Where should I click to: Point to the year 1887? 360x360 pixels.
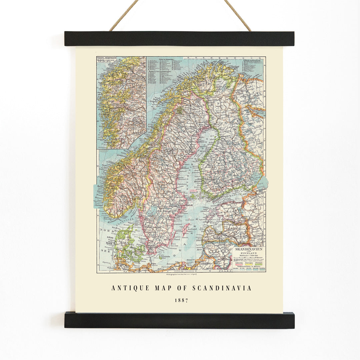pos(182,300)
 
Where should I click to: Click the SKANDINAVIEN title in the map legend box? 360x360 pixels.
pos(248,249)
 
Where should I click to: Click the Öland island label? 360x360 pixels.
pos(176,239)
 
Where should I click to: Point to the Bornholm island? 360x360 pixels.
pos(164,257)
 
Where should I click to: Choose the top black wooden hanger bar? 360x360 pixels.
pos(179,39)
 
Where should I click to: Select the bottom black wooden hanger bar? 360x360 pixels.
pos(179,320)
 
